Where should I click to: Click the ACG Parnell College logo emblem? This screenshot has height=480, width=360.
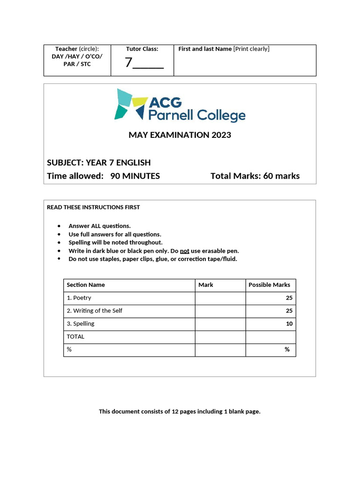tap(130, 104)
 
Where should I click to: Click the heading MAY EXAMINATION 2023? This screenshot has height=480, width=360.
tap(180, 135)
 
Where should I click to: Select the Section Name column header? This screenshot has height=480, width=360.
tap(86, 285)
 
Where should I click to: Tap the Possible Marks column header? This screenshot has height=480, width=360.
tap(269, 285)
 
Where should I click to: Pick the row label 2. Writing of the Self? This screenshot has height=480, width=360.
tap(94, 310)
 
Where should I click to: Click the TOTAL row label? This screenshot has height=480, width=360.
tap(75, 337)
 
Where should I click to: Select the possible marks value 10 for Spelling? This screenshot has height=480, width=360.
tap(289, 323)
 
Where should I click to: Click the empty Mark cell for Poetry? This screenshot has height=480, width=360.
tap(220, 298)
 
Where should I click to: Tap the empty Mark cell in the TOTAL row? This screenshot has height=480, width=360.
tap(220, 337)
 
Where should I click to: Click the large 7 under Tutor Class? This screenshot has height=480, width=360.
tap(128, 62)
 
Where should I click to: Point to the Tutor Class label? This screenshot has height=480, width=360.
tap(142, 49)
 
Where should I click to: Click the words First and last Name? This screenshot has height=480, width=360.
tap(205, 49)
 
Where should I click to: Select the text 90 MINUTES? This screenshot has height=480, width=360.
tap(135, 176)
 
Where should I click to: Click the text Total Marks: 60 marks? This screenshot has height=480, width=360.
tap(255, 176)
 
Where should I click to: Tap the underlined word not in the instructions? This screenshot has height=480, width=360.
tap(184, 251)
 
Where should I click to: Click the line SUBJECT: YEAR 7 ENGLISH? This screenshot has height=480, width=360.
tap(99, 163)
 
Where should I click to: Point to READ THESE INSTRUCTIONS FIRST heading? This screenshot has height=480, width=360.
tap(93, 207)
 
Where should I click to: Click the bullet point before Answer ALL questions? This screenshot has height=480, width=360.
tap(59, 226)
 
